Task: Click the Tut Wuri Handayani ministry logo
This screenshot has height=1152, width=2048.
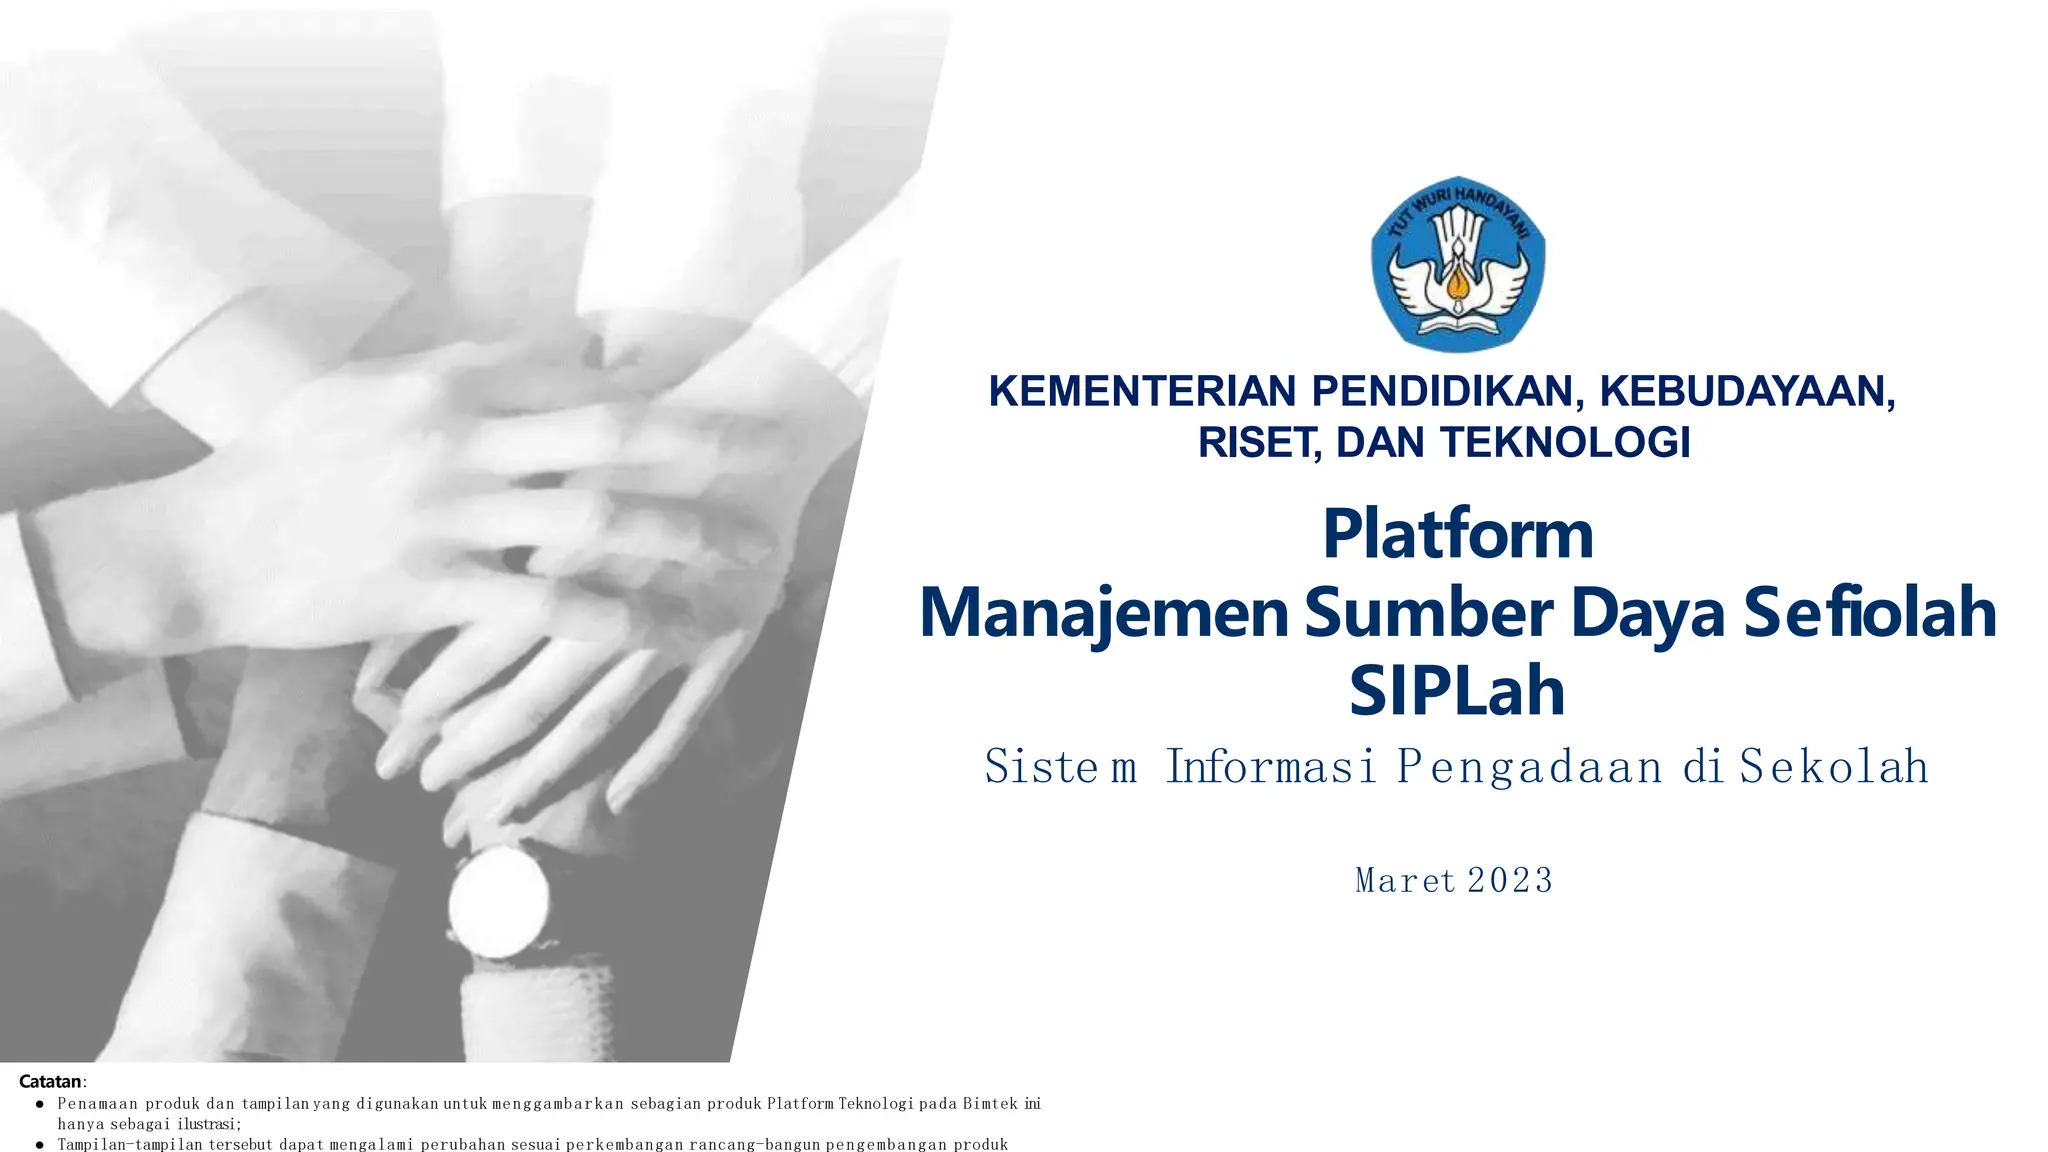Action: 1458,264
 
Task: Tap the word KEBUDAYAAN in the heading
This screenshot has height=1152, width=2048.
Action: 1747,391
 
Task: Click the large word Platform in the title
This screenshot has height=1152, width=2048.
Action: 1458,534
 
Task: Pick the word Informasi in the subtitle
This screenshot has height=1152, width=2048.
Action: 1271,767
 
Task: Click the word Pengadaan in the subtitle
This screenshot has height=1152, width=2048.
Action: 1529,767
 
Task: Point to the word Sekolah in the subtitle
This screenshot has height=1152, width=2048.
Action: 1834,767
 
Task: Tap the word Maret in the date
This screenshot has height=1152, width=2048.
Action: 1404,881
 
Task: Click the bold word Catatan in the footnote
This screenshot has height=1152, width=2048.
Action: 51,1081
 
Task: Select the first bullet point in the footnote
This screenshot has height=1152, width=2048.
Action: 40,1105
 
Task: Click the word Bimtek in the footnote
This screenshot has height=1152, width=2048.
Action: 990,1104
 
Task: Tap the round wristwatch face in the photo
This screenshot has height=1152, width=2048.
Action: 499,903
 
